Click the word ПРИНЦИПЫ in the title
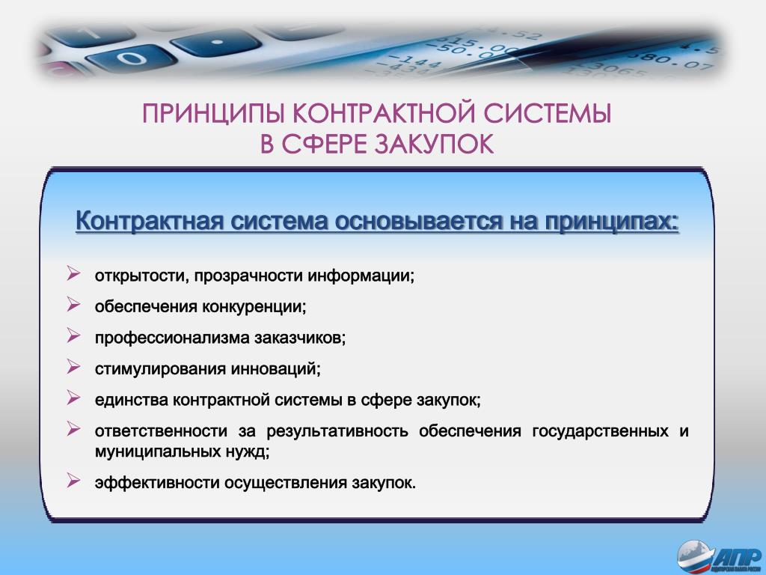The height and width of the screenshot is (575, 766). (213, 115)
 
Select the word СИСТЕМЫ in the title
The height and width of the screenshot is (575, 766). (547, 115)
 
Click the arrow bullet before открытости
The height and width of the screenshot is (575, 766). (73, 273)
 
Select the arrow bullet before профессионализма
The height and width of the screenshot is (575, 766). (73, 335)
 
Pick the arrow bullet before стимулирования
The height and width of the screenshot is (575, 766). (73, 366)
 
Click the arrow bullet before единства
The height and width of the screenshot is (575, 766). (73, 398)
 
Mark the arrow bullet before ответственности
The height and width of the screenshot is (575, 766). (73, 429)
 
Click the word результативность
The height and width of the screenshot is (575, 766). (337, 432)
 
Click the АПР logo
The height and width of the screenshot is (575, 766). (720, 557)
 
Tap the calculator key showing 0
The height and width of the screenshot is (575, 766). (131, 59)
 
